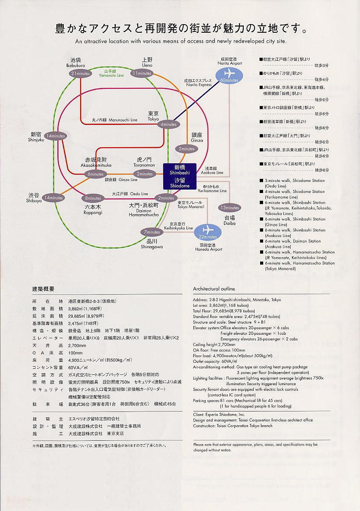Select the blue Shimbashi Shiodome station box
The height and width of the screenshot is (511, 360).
tap(180, 176)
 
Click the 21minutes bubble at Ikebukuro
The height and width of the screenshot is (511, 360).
tap(81, 74)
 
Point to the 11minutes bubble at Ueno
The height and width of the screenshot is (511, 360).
tap(142, 73)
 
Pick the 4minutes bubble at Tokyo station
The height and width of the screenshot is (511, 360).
tap(168, 125)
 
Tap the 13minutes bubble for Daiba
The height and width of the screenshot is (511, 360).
tap(230, 208)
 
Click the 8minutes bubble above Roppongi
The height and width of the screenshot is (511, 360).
tap(93, 199)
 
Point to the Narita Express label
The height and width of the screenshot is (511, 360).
tap(198, 82)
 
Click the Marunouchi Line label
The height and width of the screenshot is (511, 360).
tap(115, 120)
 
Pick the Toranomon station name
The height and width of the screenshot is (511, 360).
tap(145, 162)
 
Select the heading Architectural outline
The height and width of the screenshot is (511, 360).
tap(214, 289)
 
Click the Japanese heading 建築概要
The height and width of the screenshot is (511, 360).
tap(43, 288)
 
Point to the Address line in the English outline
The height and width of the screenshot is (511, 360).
tap(237, 300)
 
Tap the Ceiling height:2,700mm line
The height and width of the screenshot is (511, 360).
tap(214, 345)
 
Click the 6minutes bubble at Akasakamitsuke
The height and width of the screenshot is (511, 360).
tap(96, 174)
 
